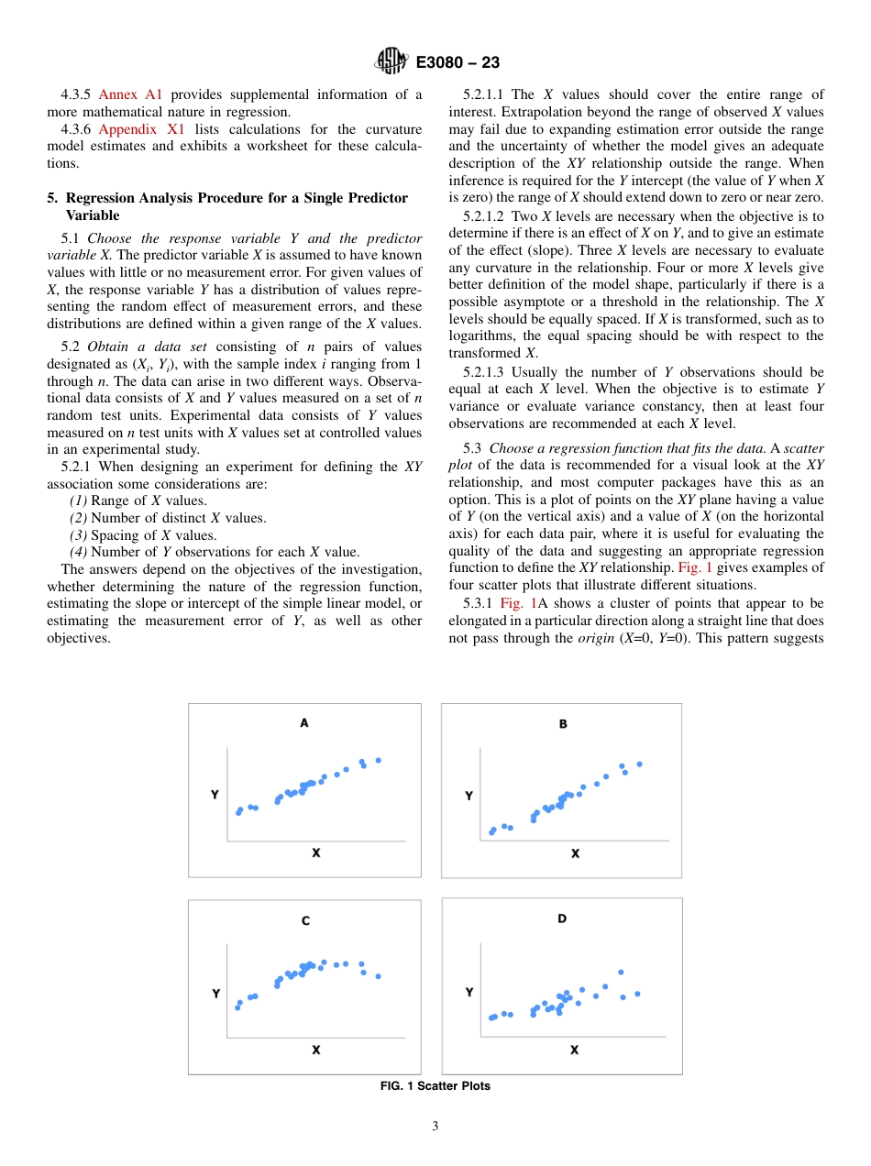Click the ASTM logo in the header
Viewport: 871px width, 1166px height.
[x=391, y=62]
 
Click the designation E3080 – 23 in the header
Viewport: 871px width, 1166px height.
[x=458, y=63]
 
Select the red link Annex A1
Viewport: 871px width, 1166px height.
[x=130, y=94]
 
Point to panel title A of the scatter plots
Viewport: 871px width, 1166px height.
[x=304, y=722]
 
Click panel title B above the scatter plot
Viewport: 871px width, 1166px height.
[x=563, y=723]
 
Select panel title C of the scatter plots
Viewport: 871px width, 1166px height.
[x=305, y=920]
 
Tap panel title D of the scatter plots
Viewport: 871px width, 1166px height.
[x=562, y=918]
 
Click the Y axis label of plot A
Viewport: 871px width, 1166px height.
[x=215, y=795]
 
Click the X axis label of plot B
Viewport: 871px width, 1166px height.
[x=575, y=853]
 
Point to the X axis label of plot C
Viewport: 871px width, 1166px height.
[x=315, y=1050]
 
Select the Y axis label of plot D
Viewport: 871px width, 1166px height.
[x=469, y=992]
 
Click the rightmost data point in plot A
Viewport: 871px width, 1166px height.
[x=378, y=760]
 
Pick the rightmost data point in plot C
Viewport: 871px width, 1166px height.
[x=378, y=976]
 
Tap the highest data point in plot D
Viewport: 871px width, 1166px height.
[x=621, y=972]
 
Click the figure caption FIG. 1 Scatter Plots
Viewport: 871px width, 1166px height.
[x=435, y=1086]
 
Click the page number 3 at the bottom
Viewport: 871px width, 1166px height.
[x=435, y=1127]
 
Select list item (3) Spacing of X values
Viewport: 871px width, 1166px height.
[x=143, y=535]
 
